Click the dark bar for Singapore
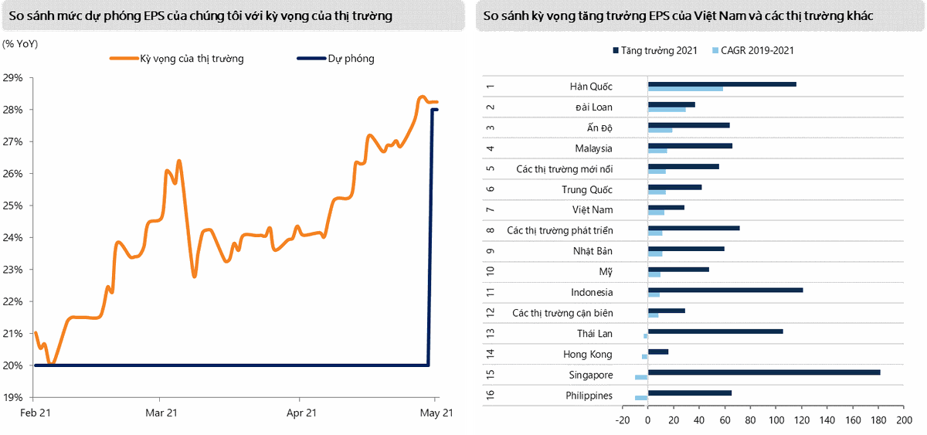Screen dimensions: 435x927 coord(763,372)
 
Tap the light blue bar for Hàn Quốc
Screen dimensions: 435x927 coord(684,89)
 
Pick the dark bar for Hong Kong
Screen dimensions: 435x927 coord(657,352)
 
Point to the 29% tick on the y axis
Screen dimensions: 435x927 coord(14,78)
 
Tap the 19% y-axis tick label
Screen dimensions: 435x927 coord(14,397)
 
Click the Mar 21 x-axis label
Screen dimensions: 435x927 coord(161,413)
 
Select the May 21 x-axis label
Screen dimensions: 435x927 coord(436,413)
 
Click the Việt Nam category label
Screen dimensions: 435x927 coord(592,209)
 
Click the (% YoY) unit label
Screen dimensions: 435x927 coord(20,43)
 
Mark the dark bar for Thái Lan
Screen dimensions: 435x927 coord(715,331)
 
